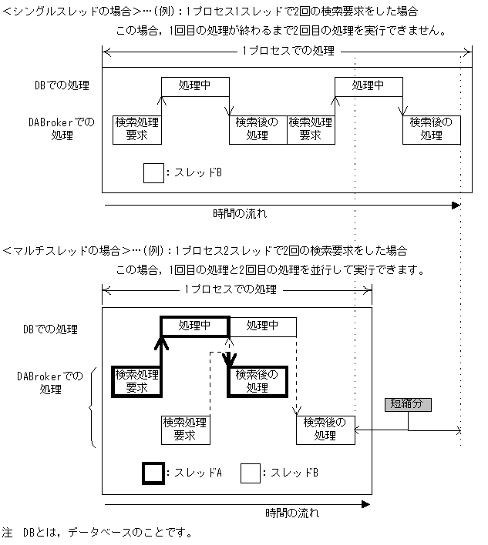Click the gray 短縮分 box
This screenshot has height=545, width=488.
pyautogui.click(x=409, y=404)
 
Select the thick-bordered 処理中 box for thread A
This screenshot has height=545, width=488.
pyautogui.click(x=195, y=326)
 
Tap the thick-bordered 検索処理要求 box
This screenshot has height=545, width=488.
pyautogui.click(x=136, y=380)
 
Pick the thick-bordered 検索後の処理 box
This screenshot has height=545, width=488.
pyautogui.click(x=257, y=380)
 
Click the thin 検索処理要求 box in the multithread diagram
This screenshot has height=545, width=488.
pyautogui.click(x=184, y=430)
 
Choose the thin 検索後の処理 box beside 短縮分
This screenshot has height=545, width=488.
pyautogui.click(x=325, y=429)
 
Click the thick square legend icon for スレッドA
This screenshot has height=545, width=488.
pyautogui.click(x=153, y=473)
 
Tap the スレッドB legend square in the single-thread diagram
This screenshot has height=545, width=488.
pyautogui.click(x=153, y=172)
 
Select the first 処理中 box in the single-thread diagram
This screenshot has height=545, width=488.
pyautogui.click(x=195, y=85)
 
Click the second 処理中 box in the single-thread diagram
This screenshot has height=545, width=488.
pyautogui.click(x=367, y=85)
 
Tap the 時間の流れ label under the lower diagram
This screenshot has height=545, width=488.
pyautogui.click(x=293, y=513)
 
